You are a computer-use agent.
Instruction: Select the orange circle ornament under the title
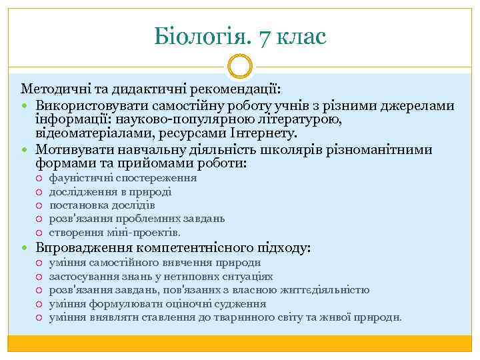pyautogui.click(x=240, y=68)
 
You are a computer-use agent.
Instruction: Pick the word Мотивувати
pyautogui.click(x=71, y=149)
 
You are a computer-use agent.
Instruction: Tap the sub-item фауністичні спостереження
pyautogui.click(x=123, y=178)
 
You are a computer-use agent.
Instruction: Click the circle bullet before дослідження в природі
pyautogui.click(x=41, y=192)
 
